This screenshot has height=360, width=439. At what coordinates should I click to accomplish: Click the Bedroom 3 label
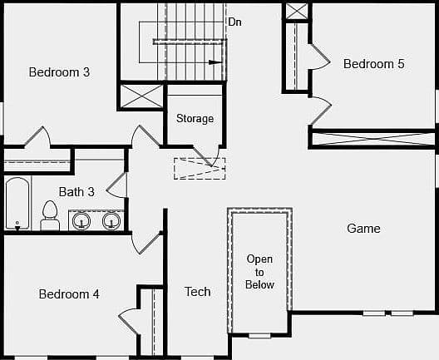click(x=59, y=72)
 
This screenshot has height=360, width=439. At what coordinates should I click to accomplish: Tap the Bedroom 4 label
click(x=69, y=294)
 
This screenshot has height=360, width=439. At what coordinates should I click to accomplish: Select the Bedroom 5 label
click(x=374, y=63)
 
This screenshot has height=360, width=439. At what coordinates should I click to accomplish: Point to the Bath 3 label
click(x=76, y=192)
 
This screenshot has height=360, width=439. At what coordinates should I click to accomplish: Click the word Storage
click(x=195, y=118)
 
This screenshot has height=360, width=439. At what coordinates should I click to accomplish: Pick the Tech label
click(x=198, y=292)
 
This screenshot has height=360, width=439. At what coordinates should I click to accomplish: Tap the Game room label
click(x=363, y=229)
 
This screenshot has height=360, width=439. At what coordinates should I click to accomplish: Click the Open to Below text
click(x=259, y=272)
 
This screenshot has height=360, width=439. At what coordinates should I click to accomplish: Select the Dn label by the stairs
click(x=235, y=22)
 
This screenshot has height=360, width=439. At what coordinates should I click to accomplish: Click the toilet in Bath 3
click(x=50, y=216)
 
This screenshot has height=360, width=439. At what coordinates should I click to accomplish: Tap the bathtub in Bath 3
click(x=17, y=204)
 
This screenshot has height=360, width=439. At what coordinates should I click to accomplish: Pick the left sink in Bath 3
click(x=81, y=220)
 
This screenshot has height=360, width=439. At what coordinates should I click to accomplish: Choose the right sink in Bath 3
click(x=111, y=220)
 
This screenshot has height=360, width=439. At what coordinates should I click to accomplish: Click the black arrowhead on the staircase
click(x=215, y=62)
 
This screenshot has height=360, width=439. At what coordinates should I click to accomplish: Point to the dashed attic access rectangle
click(x=200, y=169)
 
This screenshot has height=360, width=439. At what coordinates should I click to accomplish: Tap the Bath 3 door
click(x=117, y=185)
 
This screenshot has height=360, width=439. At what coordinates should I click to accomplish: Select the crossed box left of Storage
click(x=142, y=96)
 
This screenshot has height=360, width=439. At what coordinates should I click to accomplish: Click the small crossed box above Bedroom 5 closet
click(x=297, y=11)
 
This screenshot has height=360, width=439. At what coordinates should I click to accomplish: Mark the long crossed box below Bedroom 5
click(x=373, y=139)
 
